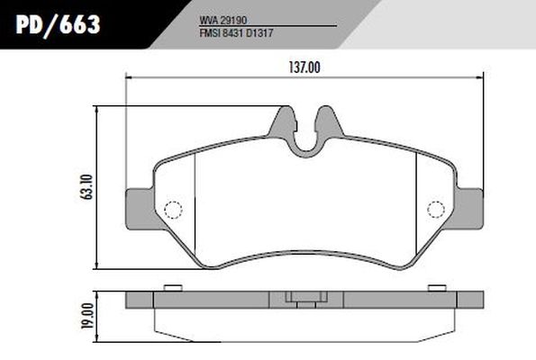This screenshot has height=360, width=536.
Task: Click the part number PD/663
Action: (x=56, y=24)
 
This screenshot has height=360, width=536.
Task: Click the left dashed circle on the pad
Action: (x=174, y=210)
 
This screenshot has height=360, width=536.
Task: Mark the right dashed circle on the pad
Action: (x=435, y=210)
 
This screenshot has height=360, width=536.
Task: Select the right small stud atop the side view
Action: (x=440, y=288)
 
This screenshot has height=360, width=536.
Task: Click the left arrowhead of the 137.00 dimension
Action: (x=127, y=79)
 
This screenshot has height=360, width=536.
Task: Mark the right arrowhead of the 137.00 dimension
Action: (x=483, y=79)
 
